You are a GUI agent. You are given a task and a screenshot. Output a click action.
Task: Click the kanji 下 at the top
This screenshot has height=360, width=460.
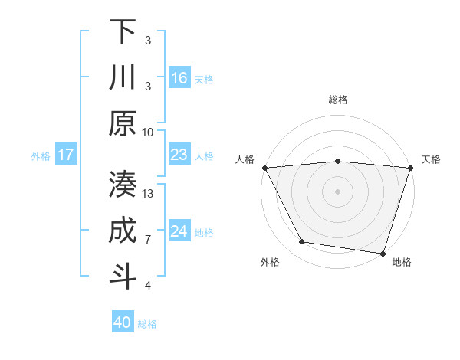click(x=123, y=31)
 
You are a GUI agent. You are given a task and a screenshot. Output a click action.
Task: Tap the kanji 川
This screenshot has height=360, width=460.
click(x=123, y=78)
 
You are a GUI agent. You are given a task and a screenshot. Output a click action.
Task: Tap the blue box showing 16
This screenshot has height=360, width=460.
click(x=179, y=78)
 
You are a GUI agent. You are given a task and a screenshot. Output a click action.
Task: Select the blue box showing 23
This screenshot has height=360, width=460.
click(x=179, y=155)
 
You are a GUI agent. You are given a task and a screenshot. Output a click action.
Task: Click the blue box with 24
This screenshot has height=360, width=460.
click(x=179, y=231)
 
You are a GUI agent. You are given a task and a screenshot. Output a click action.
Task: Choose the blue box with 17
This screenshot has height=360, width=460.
click(x=66, y=155)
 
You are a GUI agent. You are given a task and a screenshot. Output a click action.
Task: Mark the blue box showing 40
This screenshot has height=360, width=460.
click(x=123, y=322)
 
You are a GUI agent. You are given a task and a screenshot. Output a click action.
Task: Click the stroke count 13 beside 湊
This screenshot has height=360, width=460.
click(x=149, y=194)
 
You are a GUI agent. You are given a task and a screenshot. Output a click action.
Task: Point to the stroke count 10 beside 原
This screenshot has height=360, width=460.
click(x=148, y=132)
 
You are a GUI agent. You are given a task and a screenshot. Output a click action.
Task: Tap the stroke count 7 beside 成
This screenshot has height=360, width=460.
click(x=148, y=240)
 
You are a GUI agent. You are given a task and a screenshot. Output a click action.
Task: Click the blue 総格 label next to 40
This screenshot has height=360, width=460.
click(x=147, y=324)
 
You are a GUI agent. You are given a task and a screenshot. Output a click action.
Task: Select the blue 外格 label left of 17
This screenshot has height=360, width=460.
click(x=41, y=156)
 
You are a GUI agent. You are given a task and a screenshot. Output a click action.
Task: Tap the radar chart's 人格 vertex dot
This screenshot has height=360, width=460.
click(x=264, y=167)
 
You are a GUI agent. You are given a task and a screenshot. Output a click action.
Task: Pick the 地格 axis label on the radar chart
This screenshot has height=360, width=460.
click(x=402, y=262)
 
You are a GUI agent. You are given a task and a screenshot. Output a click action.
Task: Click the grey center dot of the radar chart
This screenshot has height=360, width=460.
click(x=337, y=191)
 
